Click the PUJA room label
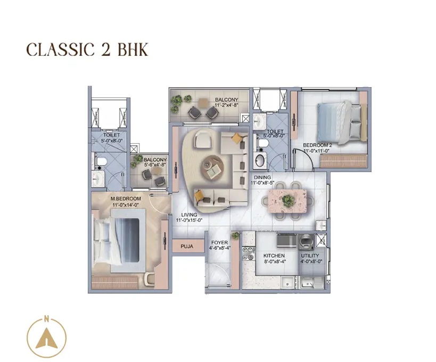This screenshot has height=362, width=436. pyautogui.click(x=186, y=246)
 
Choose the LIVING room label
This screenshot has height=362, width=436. pyautogui.click(x=189, y=215)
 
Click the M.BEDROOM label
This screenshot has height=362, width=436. pyautogui.click(x=126, y=199)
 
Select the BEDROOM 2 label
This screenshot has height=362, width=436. pyautogui.click(x=317, y=145)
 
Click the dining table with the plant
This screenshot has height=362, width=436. pyautogui.click(x=287, y=200)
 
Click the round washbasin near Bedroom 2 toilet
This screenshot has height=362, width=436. pyautogui.click(x=260, y=159)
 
